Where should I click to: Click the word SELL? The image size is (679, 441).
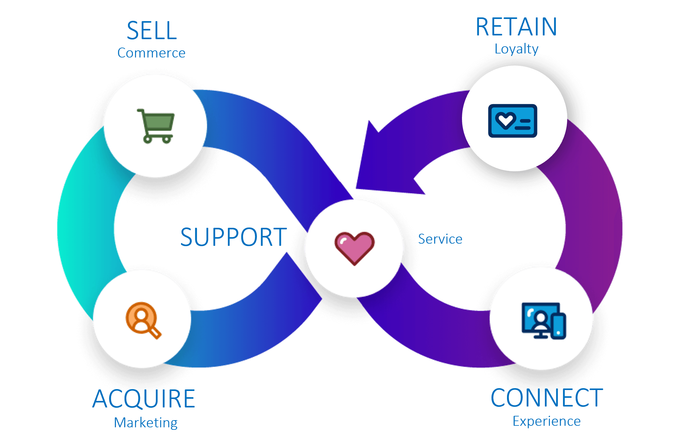coord(152,31)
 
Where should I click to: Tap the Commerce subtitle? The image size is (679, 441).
coord(151,53)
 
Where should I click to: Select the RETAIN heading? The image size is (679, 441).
coord(516,27)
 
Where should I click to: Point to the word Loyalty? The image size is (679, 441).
coord(516,49)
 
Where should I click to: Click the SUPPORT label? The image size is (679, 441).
coord(233,237)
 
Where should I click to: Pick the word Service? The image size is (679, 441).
coord(440,239)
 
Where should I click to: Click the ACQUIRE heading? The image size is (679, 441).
coord(144,399)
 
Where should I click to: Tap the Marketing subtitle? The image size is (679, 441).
coord(146,423)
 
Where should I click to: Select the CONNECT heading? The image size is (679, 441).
coord(547,398)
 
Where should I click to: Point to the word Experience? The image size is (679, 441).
coord(546,421)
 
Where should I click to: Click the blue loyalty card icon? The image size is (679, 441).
coord(513,121)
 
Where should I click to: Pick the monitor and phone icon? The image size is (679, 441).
coord(544,320)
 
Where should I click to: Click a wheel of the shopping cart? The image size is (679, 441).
coord(148,139)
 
